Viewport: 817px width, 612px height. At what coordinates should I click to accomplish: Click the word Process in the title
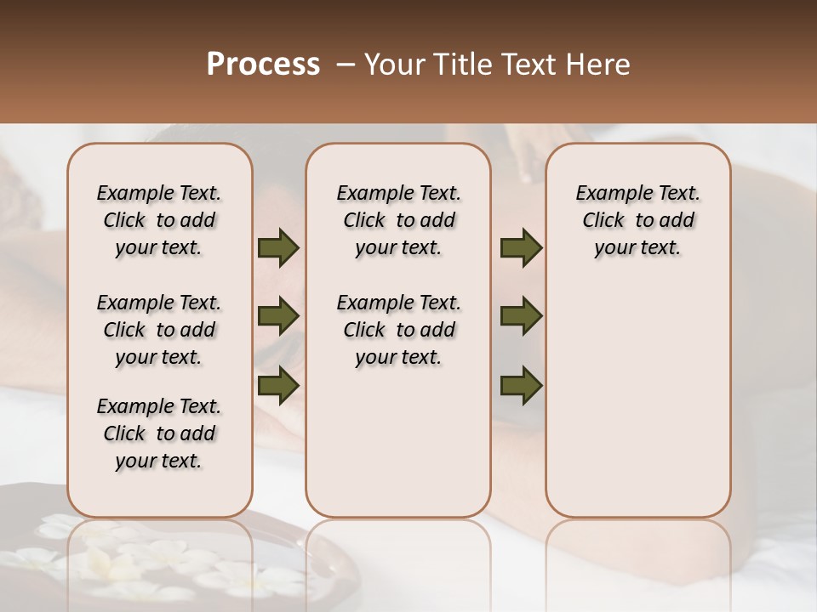tap(263, 65)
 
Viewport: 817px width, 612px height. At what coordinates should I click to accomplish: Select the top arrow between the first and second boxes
tap(277, 248)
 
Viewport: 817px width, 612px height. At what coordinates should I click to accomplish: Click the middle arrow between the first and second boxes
tap(277, 316)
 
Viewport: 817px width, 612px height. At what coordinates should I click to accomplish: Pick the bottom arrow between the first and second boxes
tap(277, 384)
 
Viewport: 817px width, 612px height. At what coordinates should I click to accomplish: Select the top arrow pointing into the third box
tap(521, 248)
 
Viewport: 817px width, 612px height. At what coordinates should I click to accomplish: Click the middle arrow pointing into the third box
tap(521, 316)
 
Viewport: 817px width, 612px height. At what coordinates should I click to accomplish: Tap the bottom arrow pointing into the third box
tap(521, 384)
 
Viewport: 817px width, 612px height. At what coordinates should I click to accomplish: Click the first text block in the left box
tap(159, 220)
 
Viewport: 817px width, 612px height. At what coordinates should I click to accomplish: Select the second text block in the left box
tap(159, 330)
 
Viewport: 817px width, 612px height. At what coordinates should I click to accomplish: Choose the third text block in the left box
tap(159, 433)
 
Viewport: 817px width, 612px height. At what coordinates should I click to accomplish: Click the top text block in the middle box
tap(398, 220)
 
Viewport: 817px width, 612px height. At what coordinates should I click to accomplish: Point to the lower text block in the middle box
tap(398, 330)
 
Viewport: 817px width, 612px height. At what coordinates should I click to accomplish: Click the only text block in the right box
tap(637, 220)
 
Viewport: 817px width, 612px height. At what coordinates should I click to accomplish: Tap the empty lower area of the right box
tap(637, 399)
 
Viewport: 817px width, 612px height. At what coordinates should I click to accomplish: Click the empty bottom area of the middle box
tap(398, 450)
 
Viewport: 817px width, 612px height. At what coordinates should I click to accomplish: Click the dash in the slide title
tap(346, 65)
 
